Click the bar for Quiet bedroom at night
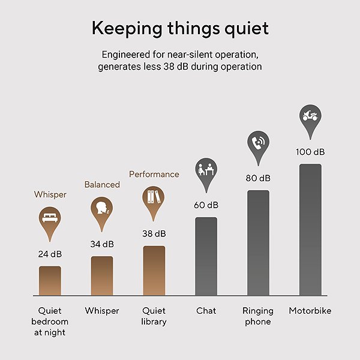coord(50,281)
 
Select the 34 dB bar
coord(102,276)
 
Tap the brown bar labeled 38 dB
coord(154,271)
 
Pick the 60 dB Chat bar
coord(206,256)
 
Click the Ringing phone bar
coord(258,242)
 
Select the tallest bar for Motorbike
coord(310,230)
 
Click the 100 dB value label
coord(310,152)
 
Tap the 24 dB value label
coord(50,254)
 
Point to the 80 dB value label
coord(258,178)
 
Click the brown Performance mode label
coord(154,174)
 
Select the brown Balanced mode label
coord(102,185)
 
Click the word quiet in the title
coord(247,29)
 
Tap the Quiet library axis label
coord(154,316)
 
